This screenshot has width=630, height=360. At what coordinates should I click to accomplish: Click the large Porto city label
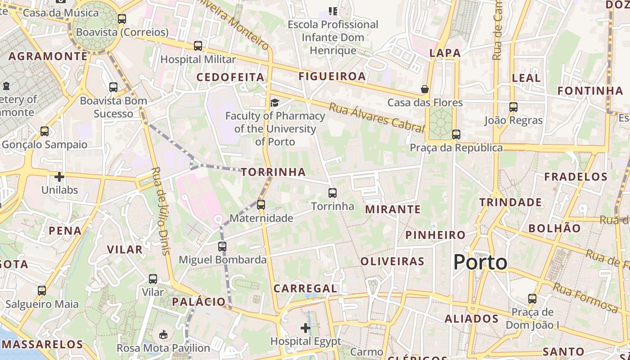pyautogui.click(x=480, y=262)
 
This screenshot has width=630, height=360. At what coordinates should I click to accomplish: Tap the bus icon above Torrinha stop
pyautogui.click(x=333, y=193)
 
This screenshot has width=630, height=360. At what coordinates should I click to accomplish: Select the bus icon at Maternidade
pyautogui.click(x=261, y=205)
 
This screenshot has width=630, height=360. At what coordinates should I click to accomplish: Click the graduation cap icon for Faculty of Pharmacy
pyautogui.click(x=274, y=103)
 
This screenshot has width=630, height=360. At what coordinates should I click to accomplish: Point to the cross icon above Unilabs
pyautogui.click(x=59, y=176)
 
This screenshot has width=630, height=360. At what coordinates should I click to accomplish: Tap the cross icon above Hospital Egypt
pyautogui.click(x=306, y=328)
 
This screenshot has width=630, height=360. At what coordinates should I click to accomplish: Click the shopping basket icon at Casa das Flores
pyautogui.click(x=424, y=89)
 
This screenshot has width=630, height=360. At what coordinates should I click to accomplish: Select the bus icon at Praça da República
pyautogui.click(x=456, y=135)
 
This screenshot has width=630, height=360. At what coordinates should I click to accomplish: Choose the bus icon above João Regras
pyautogui.click(x=513, y=107)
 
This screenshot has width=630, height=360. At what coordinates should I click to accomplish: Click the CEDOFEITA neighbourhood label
pyautogui.click(x=230, y=77)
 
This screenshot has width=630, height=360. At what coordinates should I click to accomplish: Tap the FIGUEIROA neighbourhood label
pyautogui.click(x=332, y=76)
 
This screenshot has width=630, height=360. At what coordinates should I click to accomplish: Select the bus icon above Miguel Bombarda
pyautogui.click(x=222, y=247)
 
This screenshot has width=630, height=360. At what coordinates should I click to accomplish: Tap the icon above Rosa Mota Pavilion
pyautogui.click(x=163, y=334)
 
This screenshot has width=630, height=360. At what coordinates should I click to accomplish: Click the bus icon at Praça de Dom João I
pyautogui.click(x=532, y=299)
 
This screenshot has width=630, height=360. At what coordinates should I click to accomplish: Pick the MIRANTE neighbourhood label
pyautogui.click(x=393, y=209)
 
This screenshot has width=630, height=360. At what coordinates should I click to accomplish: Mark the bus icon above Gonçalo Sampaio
pyautogui.click(x=44, y=131)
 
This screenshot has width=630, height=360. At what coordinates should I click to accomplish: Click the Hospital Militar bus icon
pyautogui.click(x=198, y=46)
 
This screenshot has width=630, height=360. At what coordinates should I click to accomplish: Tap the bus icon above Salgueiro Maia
pyautogui.click(x=42, y=291)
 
